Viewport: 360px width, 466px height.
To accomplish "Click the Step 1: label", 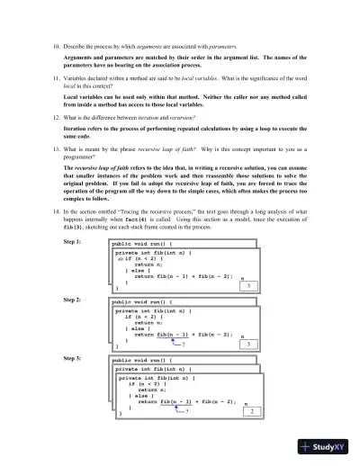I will [x=72, y=242].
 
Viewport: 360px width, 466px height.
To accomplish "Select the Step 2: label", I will [x=72, y=299].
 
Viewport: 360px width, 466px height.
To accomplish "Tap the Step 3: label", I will [x=72, y=358].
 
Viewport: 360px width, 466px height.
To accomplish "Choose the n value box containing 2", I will [x=252, y=411].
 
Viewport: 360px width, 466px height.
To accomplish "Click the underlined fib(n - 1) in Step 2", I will [x=171, y=334].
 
